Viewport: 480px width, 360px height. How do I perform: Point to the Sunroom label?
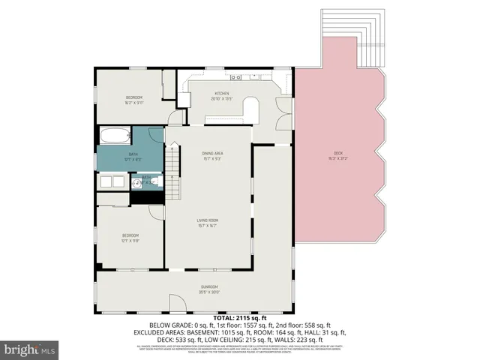click(x=208, y=289)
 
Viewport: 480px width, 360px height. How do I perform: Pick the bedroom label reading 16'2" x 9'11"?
click(x=134, y=100)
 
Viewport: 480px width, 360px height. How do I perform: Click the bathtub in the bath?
click(x=114, y=136)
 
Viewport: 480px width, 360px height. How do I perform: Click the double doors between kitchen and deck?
click(x=283, y=113)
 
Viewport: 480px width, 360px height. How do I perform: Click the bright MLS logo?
click(x=30, y=349)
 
